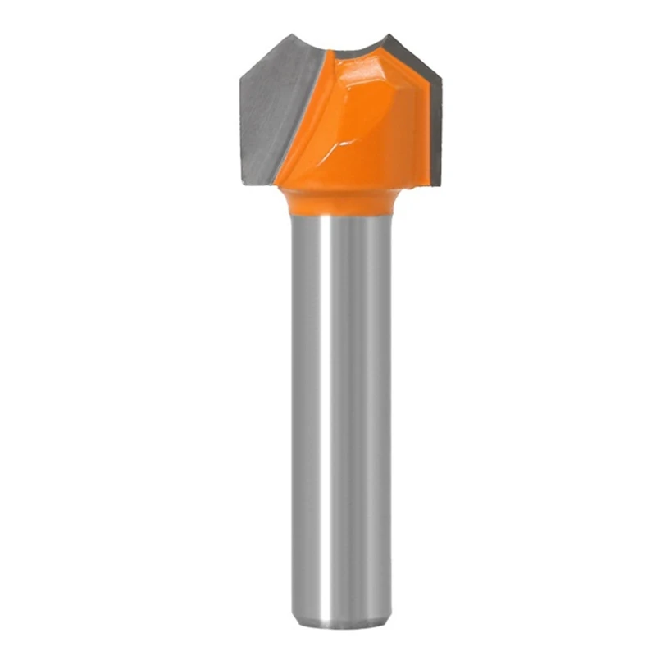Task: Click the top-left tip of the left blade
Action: [288, 35]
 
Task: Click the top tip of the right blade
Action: [390, 35]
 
